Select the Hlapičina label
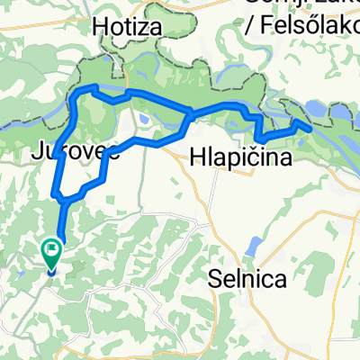coord(242,158)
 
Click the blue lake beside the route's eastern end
coord(318,111)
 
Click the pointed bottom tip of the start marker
coord(51,271)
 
